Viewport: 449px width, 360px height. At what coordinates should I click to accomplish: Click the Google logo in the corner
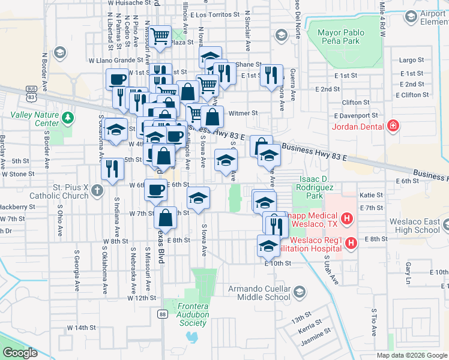(x=20, y=353)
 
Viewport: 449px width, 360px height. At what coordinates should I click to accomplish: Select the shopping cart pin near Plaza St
(x=160, y=37)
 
